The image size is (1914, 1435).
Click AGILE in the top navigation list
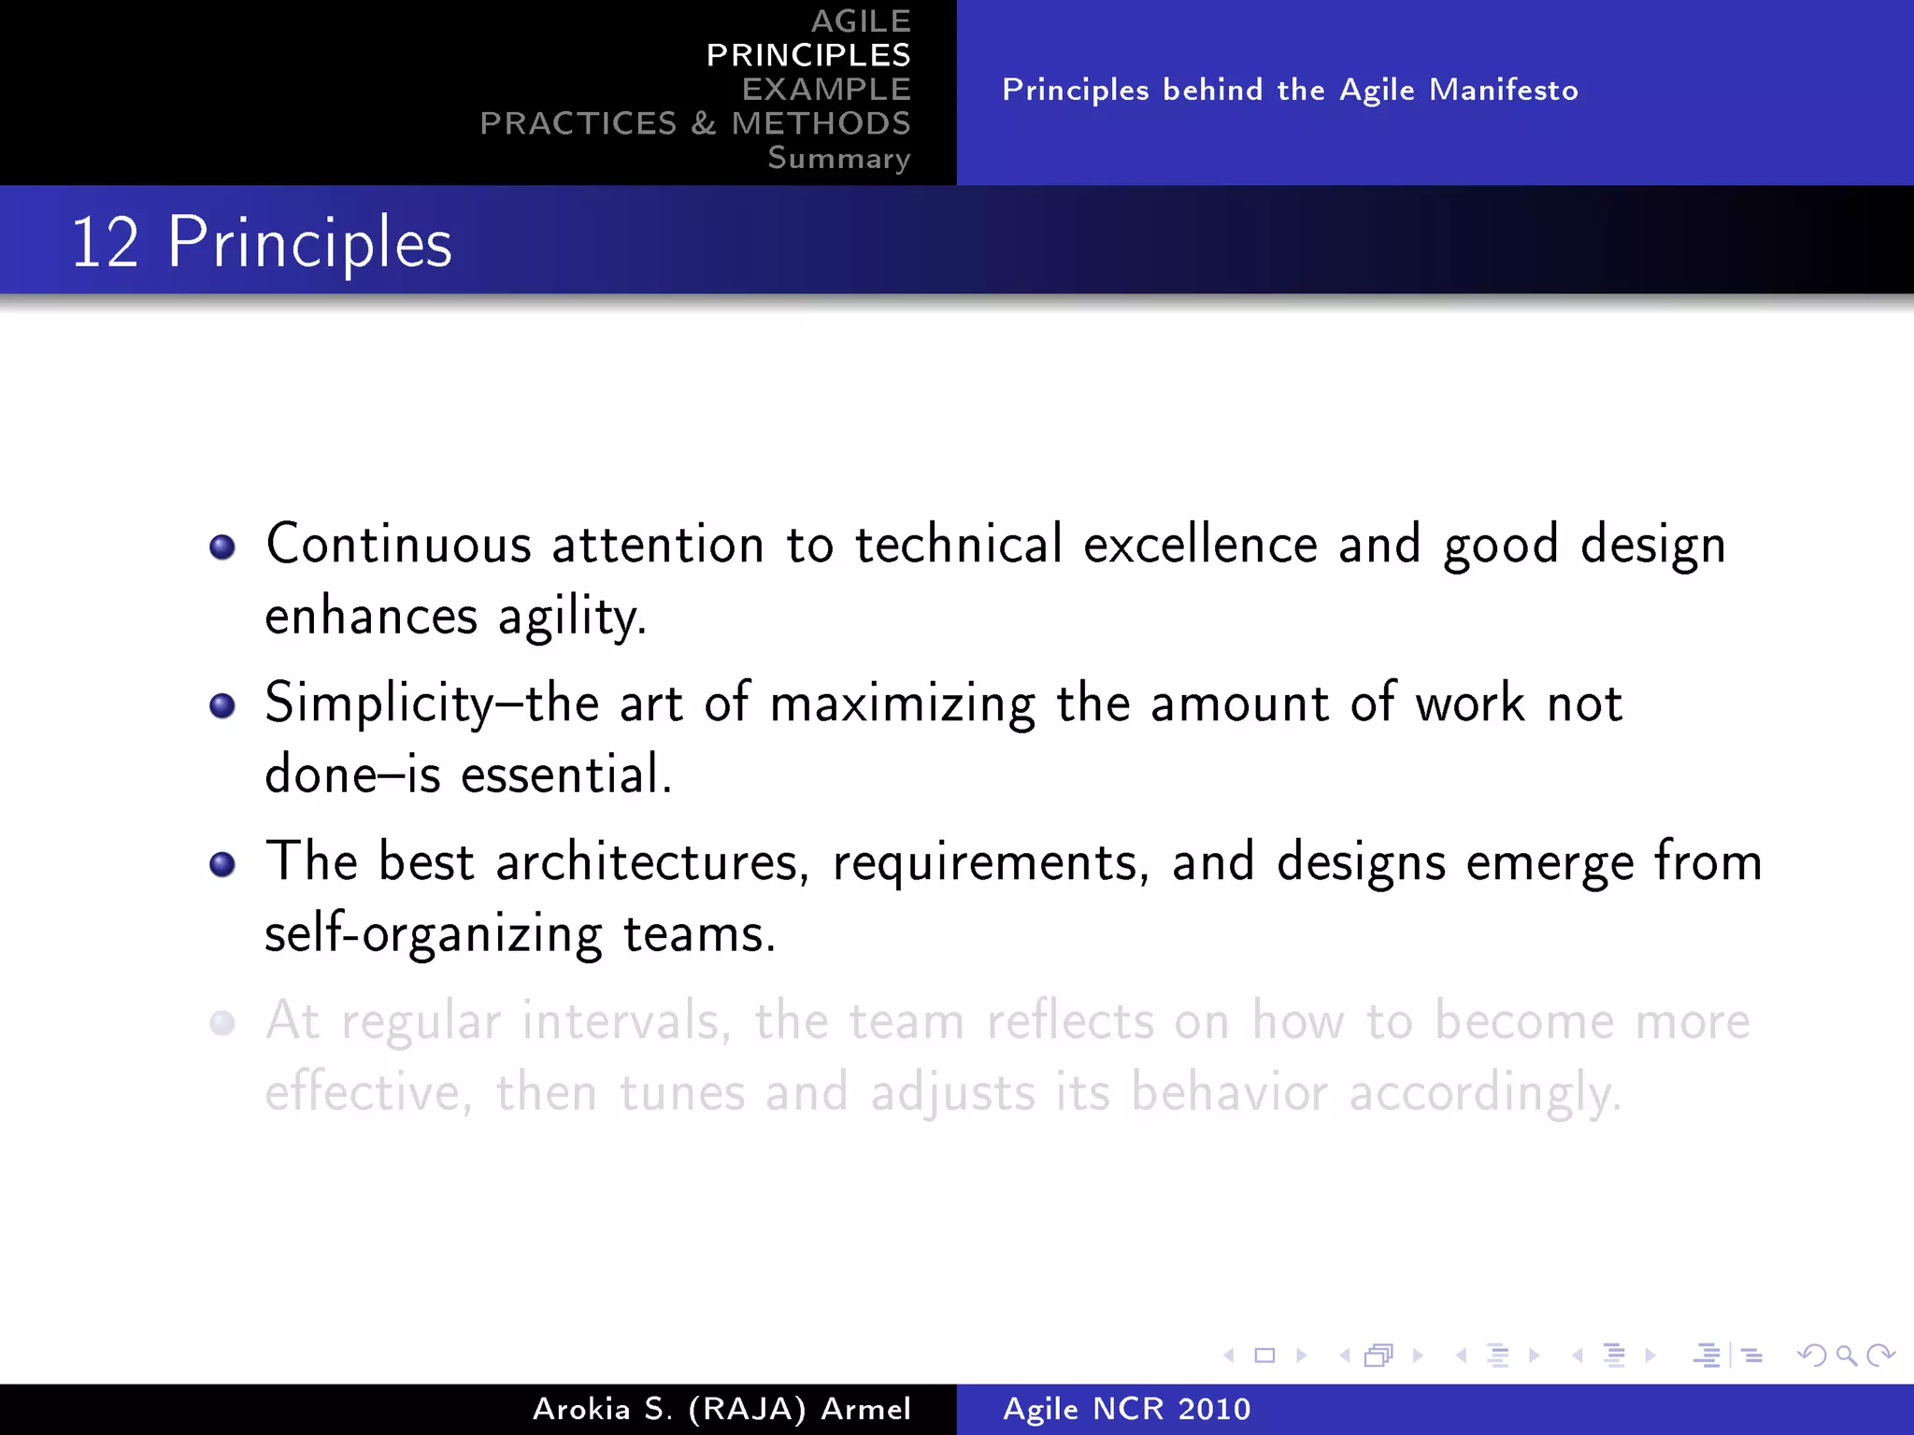click(860, 21)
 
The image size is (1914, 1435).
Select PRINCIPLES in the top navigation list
click(808, 55)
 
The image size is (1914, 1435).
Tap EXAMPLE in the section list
click(826, 90)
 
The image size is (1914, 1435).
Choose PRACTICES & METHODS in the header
click(695, 123)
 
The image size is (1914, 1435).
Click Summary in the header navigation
click(838, 158)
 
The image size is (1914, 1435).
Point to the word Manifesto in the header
click(1504, 90)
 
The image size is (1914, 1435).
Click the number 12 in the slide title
click(105, 243)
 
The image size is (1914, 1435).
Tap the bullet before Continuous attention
click(222, 547)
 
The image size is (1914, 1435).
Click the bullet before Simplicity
click(222, 705)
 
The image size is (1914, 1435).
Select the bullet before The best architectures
click(222, 864)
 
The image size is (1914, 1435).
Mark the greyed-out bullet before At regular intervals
click(222, 1023)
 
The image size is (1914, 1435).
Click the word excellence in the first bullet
click(1200, 545)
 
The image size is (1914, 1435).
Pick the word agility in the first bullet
click(571, 618)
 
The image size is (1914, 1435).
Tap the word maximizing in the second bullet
click(902, 703)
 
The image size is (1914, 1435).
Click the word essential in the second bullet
click(565, 775)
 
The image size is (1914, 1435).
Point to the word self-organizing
click(434, 934)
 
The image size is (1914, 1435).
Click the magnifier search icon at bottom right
click(1846, 1356)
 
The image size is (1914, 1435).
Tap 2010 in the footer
click(1213, 1409)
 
